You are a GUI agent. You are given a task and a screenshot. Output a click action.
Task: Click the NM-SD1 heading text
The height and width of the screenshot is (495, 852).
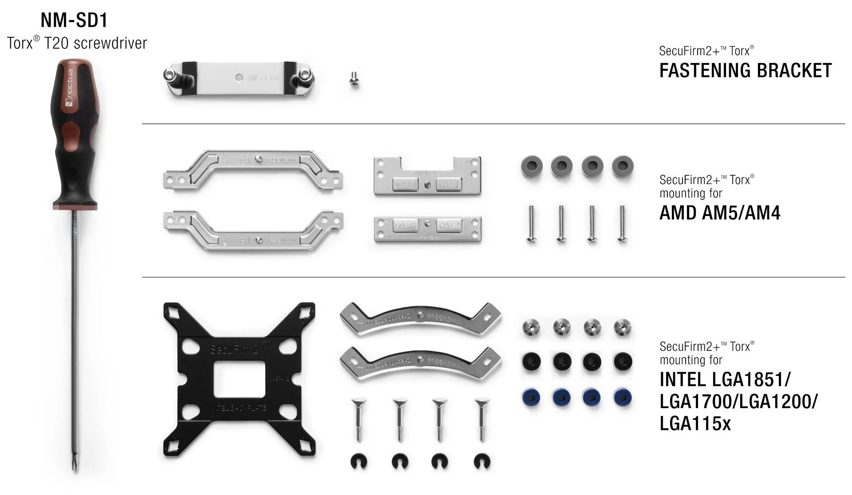click(74, 20)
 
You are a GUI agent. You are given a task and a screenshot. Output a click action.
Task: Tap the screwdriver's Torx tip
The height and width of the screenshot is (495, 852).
click(75, 465)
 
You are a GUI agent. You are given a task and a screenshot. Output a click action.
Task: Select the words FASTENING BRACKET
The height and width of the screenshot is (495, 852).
click(745, 71)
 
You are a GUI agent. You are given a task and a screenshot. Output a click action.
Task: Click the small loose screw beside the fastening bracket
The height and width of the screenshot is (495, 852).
click(354, 80)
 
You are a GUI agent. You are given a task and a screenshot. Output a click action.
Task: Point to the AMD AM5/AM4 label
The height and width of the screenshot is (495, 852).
click(719, 213)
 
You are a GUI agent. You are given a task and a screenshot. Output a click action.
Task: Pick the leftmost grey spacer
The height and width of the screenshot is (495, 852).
click(531, 167)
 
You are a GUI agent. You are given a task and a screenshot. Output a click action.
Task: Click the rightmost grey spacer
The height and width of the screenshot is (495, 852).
click(622, 167)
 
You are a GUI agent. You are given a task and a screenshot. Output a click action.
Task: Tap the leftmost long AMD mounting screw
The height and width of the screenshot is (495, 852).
click(532, 224)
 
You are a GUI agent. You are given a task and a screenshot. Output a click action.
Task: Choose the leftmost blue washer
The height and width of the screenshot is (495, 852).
click(531, 397)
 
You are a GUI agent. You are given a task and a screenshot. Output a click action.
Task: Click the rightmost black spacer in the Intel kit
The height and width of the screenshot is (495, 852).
click(622, 361)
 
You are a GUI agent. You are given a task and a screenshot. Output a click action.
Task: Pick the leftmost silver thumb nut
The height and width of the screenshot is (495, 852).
click(531, 327)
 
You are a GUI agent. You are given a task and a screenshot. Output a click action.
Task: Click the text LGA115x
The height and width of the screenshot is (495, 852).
click(694, 424)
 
